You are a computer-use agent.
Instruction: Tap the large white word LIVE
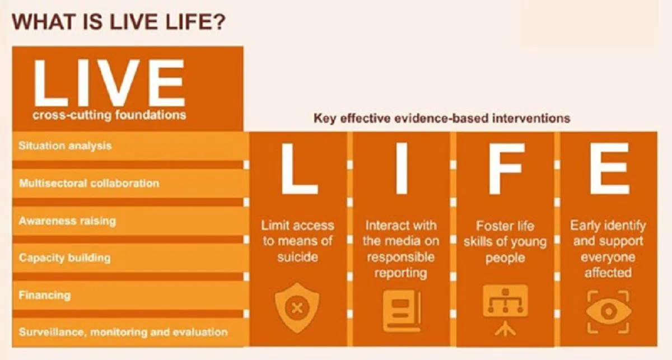pos(109,83)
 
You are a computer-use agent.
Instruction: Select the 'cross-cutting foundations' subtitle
pos(109,115)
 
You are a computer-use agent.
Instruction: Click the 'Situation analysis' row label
pos(65,146)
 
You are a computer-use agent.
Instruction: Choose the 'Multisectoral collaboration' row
pos(89,183)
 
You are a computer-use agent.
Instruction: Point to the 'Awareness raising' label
pos(67,221)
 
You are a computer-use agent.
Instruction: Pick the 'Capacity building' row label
pos(64,258)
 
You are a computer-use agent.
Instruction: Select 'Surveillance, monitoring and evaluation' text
pos(123,332)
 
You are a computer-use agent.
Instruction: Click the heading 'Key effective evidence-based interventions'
pos(442,119)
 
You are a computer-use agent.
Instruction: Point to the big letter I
pos(401,168)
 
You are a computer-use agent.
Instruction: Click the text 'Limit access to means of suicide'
pos(297,241)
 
